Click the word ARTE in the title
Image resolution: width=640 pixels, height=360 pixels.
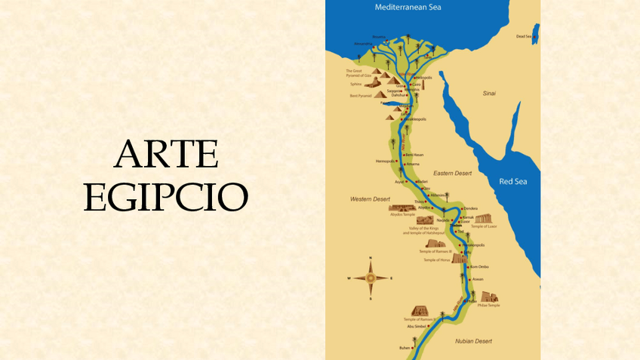(166, 155)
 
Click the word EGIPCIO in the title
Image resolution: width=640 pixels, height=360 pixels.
(166, 198)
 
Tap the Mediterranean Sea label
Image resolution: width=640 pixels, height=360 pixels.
(408, 8)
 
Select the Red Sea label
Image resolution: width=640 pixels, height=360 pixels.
(513, 181)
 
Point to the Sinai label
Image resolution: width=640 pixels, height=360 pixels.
(489, 92)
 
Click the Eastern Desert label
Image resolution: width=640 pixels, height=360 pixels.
(452, 173)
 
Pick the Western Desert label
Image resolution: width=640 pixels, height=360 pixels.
(369, 198)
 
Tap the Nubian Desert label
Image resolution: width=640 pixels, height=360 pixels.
(474, 341)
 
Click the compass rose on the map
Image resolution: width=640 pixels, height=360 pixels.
(371, 278)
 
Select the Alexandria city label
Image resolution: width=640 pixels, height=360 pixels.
(363, 43)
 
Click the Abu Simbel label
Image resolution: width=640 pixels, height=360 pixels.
(417, 326)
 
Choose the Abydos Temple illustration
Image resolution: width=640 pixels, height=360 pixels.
(402, 208)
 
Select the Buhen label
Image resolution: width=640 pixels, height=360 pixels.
(404, 348)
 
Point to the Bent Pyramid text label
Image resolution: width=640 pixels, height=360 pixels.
(360, 96)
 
